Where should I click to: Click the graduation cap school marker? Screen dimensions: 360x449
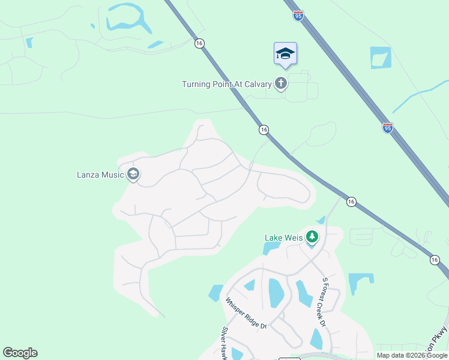click(x=285, y=54)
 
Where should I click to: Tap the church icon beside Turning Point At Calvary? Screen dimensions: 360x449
click(x=281, y=83)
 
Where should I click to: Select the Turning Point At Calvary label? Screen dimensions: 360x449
click(x=227, y=84)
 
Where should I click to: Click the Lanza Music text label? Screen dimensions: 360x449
click(x=100, y=175)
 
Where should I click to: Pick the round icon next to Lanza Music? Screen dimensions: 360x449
click(x=133, y=175)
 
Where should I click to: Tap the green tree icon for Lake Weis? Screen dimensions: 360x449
click(x=312, y=238)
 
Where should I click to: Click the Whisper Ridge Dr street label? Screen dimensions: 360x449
click(x=246, y=313)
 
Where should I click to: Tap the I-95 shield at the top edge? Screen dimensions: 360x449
click(x=298, y=16)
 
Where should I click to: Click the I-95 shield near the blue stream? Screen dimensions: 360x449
click(x=388, y=128)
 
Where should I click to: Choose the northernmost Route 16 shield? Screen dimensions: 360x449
click(x=199, y=43)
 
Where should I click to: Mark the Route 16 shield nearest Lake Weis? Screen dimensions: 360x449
click(x=352, y=202)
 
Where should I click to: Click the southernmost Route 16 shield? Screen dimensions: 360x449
click(x=435, y=260)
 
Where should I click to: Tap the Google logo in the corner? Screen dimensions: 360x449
click(x=20, y=353)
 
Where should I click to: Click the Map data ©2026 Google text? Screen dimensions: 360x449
click(x=412, y=355)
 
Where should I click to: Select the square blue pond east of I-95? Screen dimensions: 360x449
click(x=380, y=58)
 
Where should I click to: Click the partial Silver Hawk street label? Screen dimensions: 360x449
click(x=226, y=343)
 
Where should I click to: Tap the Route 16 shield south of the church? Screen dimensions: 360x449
click(x=264, y=130)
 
